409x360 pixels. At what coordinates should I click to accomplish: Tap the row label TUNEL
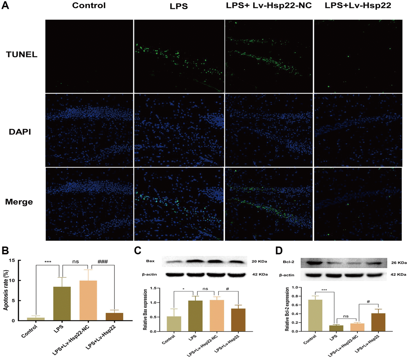[x=21, y=54]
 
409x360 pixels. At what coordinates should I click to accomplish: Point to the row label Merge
[x=19, y=202]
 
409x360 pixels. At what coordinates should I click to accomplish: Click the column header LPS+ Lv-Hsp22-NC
[x=269, y=5]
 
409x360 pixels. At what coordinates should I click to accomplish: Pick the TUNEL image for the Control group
[x=89, y=56]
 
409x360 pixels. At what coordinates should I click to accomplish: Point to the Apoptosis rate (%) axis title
[x=6, y=290]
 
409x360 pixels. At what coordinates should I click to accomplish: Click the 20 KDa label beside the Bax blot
[x=260, y=261]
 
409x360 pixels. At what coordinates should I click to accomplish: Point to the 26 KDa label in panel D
[x=398, y=263]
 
